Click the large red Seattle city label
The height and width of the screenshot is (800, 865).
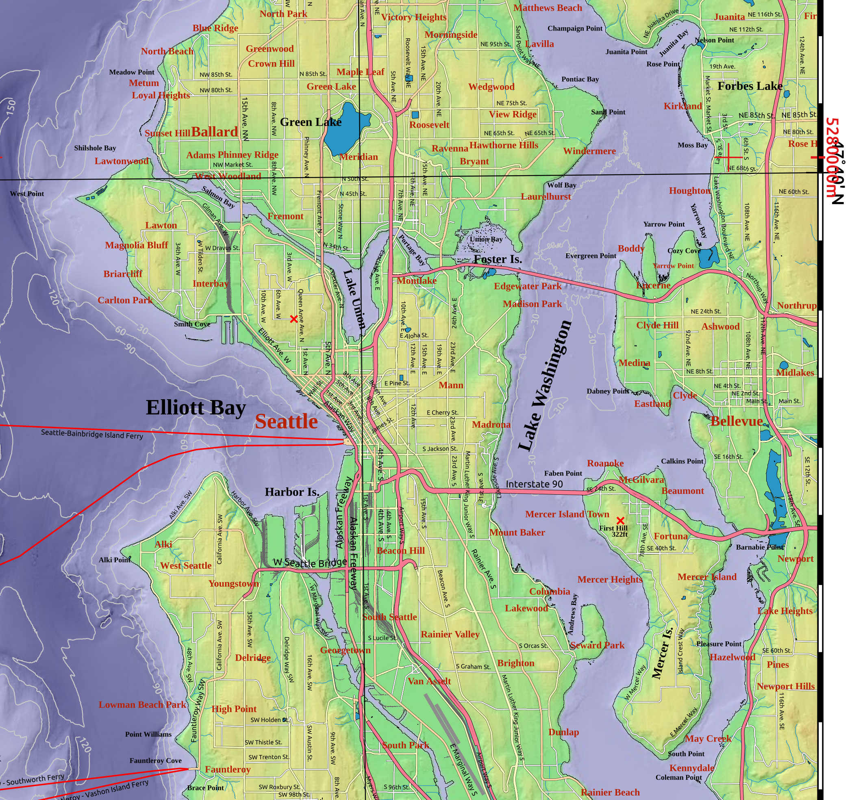click(286, 422)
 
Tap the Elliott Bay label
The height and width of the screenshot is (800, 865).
click(196, 408)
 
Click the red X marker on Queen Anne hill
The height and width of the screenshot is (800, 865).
click(293, 319)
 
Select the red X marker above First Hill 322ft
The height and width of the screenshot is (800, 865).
click(620, 520)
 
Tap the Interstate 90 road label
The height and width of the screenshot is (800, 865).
click(534, 484)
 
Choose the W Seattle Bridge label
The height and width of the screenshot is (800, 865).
click(310, 563)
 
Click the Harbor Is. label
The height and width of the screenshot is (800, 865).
click(292, 492)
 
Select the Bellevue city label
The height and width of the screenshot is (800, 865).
click(737, 421)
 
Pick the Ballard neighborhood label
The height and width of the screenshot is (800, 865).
click(215, 132)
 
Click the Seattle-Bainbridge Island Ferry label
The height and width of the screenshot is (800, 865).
click(92, 434)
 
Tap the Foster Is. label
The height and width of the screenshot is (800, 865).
click(498, 259)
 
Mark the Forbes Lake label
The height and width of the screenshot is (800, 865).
click(750, 86)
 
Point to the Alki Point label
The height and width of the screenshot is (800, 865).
click(114, 560)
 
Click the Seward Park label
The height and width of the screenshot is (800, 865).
click(597, 645)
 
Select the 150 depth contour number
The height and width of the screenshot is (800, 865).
click(11, 107)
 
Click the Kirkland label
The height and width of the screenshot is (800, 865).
click(683, 106)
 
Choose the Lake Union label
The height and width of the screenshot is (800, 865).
click(354, 299)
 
